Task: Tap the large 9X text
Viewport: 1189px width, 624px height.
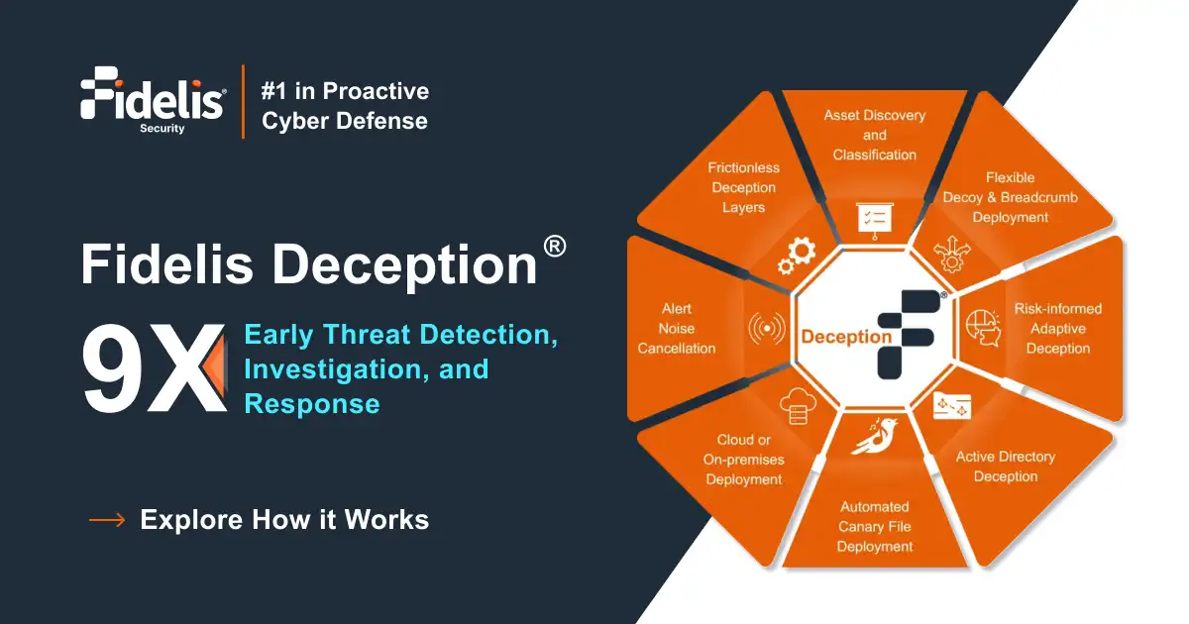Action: point(154,368)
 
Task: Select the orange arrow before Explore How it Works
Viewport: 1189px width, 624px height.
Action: point(107,519)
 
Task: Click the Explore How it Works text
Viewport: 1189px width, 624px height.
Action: point(284,519)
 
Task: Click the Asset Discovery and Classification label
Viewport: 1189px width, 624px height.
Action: point(874,135)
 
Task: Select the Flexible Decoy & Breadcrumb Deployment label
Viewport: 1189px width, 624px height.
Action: point(1010,197)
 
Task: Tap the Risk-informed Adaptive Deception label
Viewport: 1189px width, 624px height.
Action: point(1057,328)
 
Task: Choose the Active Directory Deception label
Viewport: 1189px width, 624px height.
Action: point(1005,467)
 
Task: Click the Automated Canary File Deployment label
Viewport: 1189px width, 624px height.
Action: point(874,526)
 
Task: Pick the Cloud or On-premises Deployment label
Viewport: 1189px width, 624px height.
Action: point(743,460)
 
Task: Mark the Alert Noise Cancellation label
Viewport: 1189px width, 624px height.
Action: point(677,328)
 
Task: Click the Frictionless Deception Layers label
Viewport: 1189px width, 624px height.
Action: point(743,187)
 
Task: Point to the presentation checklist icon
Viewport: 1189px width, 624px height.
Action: point(874,219)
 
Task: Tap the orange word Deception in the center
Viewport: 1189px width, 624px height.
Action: point(846,337)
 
